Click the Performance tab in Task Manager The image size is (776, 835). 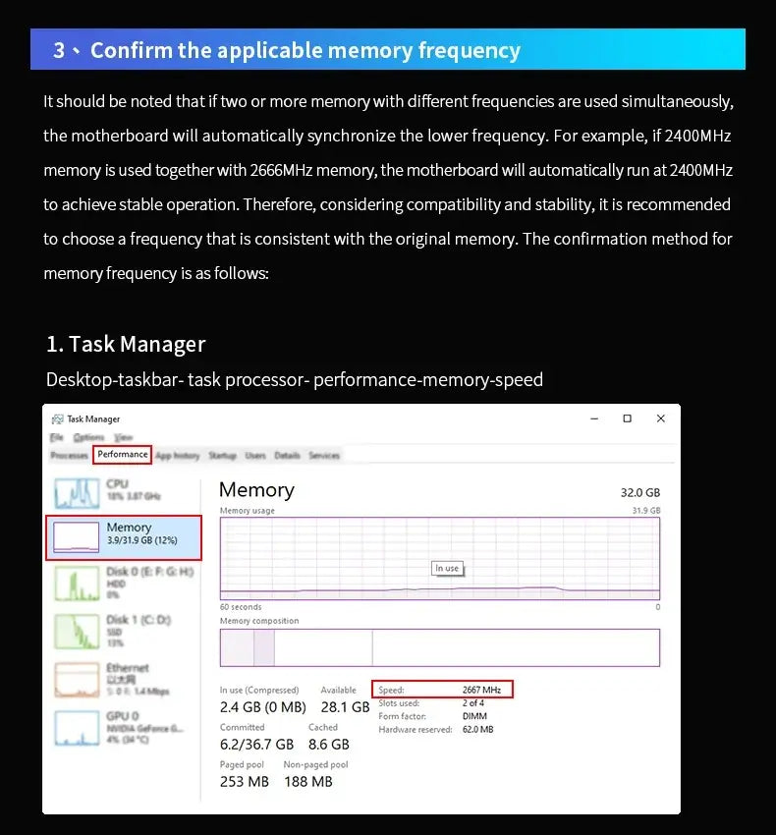point(123,455)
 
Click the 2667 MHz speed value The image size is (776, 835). point(481,690)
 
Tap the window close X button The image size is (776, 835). point(661,418)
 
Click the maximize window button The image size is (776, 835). point(627,418)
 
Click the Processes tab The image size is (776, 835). point(69,456)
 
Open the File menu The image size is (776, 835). point(57,437)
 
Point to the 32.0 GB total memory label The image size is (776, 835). point(639,492)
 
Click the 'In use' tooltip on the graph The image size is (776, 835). point(447,568)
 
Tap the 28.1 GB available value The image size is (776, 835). point(345,707)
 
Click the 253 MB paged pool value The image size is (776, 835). point(245,782)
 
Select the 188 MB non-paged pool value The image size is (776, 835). point(307,782)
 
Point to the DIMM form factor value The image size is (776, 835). point(474,716)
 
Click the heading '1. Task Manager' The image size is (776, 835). point(126,344)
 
